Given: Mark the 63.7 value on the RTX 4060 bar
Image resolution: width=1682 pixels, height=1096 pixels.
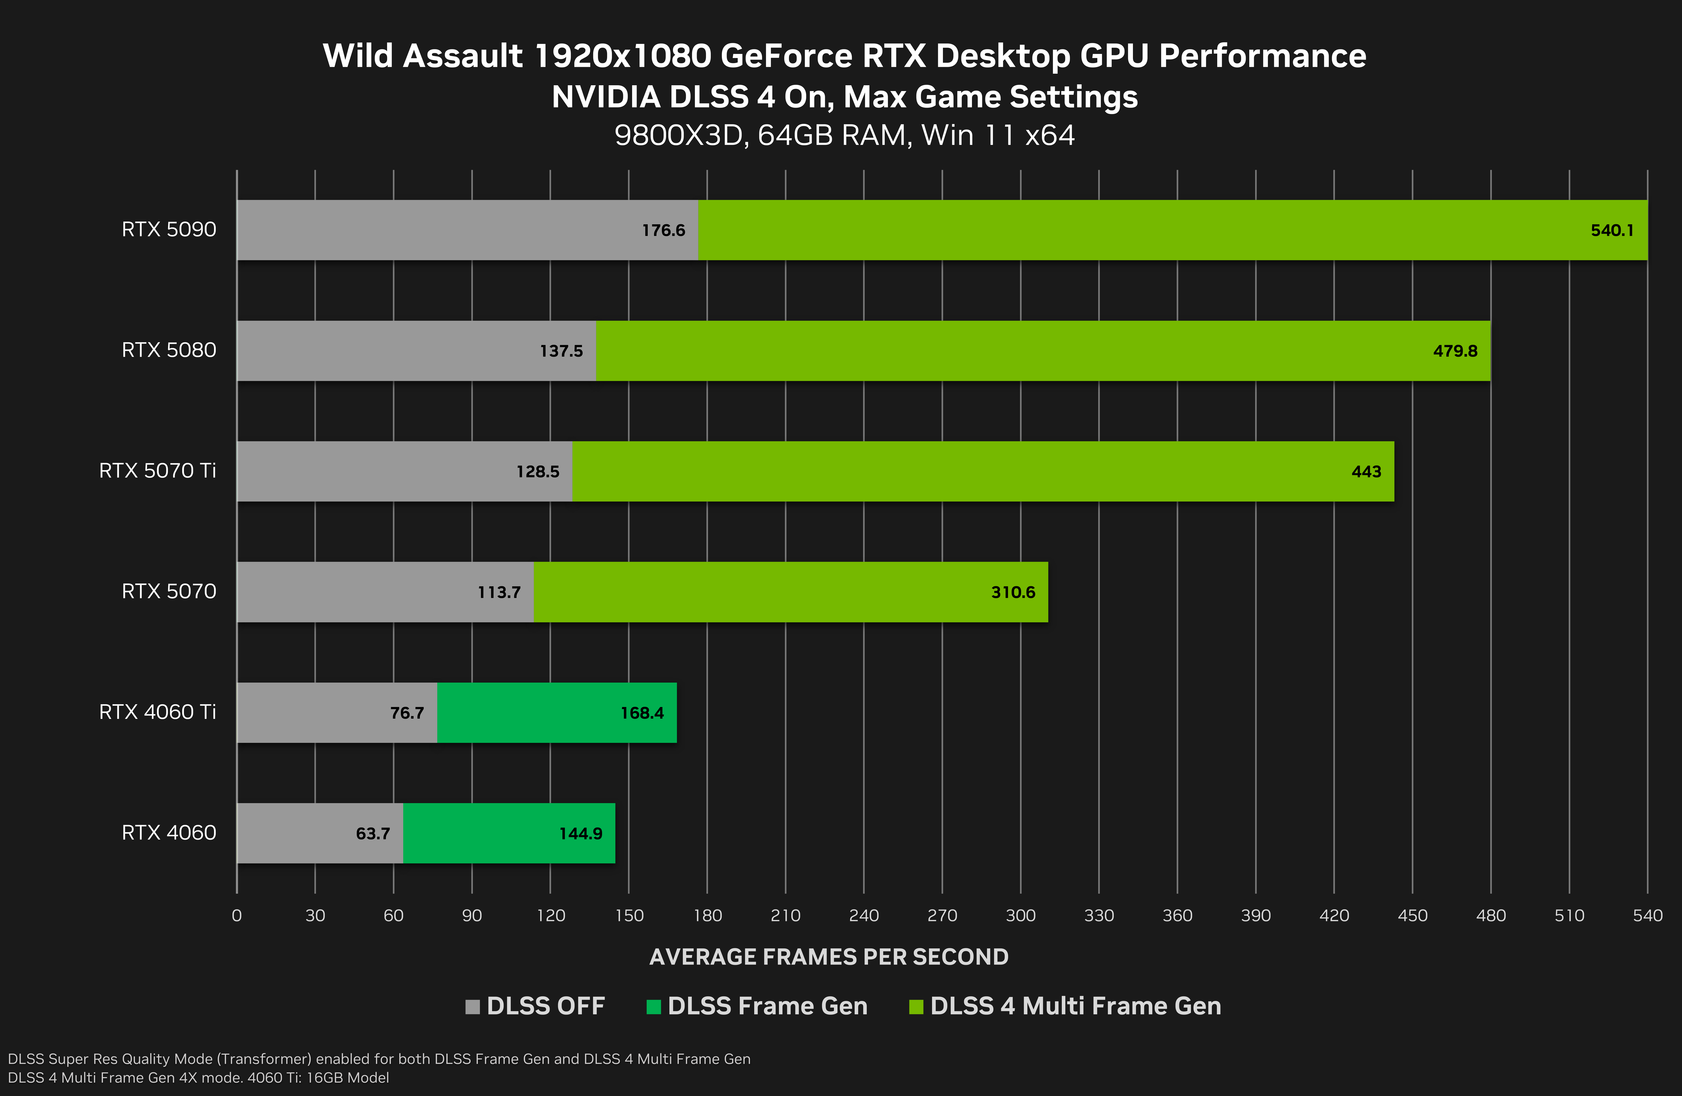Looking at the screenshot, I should pyautogui.click(x=372, y=834).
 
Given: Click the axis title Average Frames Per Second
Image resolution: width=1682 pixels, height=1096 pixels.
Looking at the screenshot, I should pyautogui.click(x=828, y=957).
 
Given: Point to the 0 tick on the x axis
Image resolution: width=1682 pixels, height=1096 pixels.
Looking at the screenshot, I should pyautogui.click(x=237, y=916).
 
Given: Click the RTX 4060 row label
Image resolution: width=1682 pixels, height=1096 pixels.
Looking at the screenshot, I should pyautogui.click(x=169, y=832).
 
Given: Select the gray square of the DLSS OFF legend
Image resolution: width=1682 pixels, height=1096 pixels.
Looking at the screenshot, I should pyautogui.click(x=472, y=1006).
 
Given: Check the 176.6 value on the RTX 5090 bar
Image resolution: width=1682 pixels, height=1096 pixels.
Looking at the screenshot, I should pyautogui.click(x=663, y=230).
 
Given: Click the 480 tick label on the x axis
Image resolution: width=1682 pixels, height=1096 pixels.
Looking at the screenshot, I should pyautogui.click(x=1490, y=916).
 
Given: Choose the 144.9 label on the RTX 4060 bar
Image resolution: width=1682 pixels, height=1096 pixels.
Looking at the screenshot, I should pyautogui.click(x=580, y=834).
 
